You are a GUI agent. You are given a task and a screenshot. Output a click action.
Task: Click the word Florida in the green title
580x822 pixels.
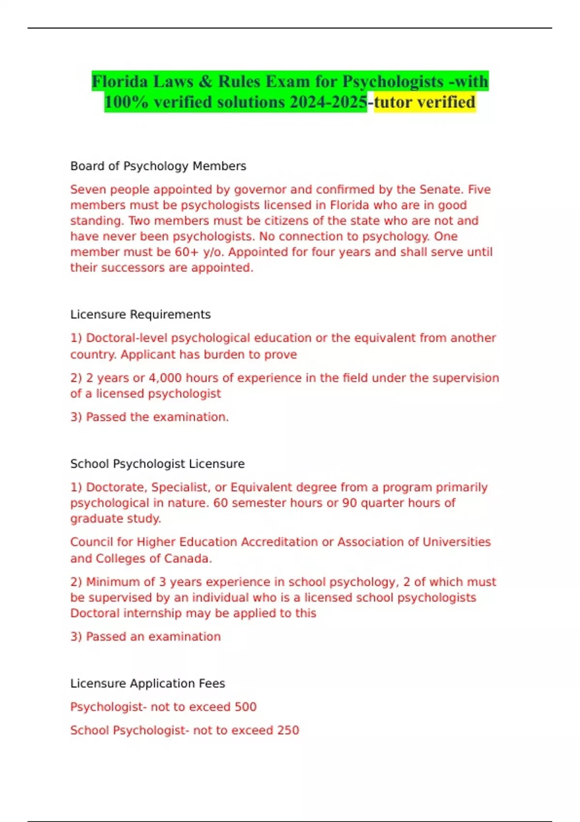pos(120,81)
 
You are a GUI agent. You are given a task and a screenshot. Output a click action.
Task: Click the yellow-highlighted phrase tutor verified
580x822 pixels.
pos(425,102)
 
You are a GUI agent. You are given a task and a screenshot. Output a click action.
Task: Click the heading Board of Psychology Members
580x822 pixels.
pos(158,166)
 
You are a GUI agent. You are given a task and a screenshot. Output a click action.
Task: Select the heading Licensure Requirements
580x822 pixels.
pos(140,314)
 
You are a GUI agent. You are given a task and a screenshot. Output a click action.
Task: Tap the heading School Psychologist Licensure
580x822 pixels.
pos(157,464)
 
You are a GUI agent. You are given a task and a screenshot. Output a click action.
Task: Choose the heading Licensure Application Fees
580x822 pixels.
pos(147,683)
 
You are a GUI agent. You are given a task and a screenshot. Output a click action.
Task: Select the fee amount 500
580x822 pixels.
pos(245,707)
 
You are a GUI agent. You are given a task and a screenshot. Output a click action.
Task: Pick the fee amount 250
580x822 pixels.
pos(288,730)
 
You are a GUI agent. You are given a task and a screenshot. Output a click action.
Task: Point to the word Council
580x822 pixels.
pos(91,542)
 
